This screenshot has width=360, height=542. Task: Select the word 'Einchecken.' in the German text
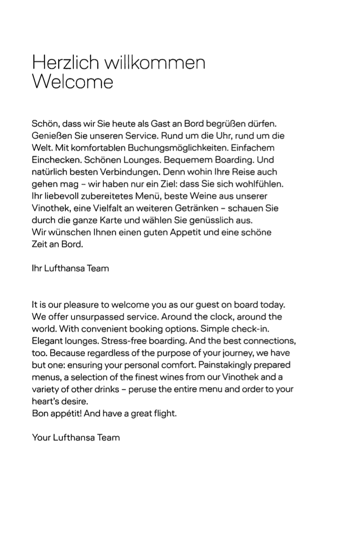tap(53, 160)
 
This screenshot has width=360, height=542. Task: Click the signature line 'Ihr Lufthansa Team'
tap(70, 268)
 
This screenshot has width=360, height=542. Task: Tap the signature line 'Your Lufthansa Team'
tap(76, 437)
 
